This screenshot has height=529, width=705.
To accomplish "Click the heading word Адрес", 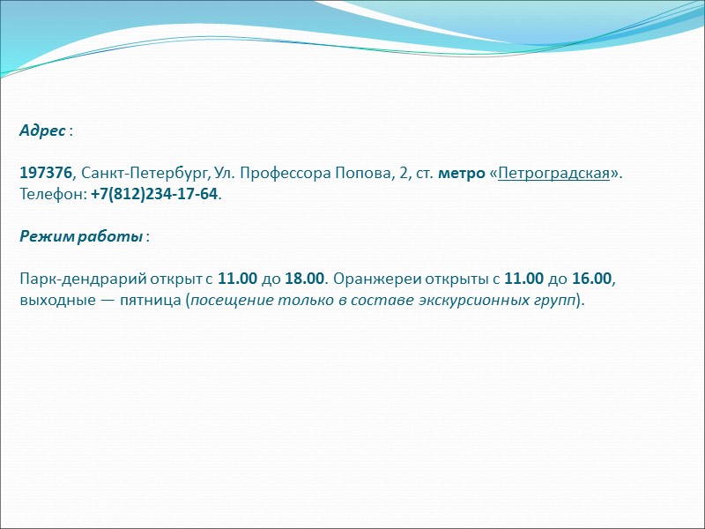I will click(x=42, y=131).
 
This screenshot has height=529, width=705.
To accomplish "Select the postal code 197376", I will click(x=46, y=174).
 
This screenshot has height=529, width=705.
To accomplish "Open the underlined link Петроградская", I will click(x=553, y=174).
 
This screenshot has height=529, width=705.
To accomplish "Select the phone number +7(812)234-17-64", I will click(x=153, y=194).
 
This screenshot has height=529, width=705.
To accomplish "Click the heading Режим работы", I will click(x=81, y=237).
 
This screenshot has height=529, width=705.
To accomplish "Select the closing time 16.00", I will click(x=591, y=279).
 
